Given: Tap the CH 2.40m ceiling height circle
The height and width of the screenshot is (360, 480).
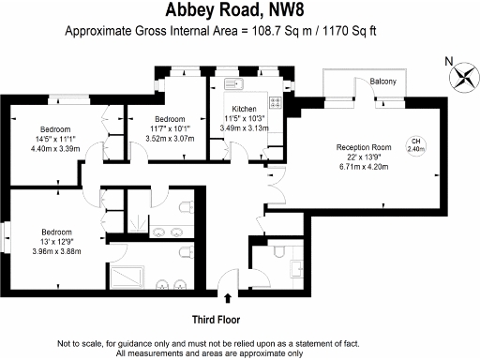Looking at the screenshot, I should [414, 144].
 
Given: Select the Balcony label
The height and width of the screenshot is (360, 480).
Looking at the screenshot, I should [382, 82].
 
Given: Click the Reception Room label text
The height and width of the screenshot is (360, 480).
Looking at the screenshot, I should [364, 147].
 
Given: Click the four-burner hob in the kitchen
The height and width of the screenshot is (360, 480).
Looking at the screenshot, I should [276, 102].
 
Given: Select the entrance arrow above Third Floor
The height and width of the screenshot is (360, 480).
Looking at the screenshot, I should [228, 298].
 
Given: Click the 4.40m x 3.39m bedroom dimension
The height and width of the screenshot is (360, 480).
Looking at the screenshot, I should [57, 148].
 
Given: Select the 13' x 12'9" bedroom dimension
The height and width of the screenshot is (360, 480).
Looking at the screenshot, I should [57, 241].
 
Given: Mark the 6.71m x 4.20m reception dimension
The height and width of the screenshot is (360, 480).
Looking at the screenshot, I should [365, 166].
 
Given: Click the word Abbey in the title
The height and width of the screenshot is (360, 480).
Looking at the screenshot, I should [195, 12].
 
